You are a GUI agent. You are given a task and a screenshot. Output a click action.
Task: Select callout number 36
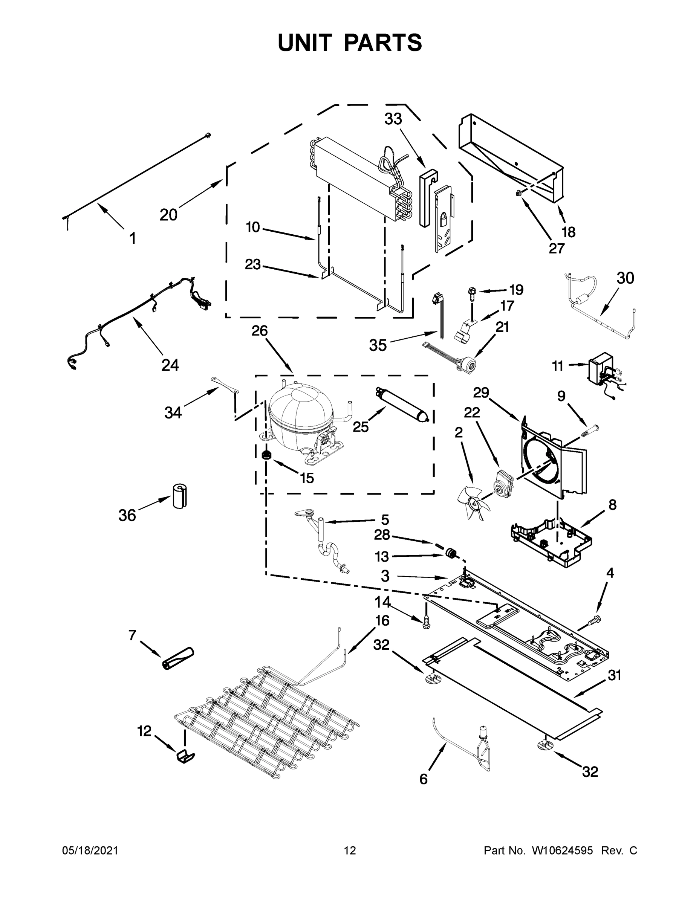127,515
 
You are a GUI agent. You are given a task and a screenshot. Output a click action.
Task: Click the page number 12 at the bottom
350,851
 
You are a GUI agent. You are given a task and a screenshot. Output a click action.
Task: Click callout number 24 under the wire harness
170,365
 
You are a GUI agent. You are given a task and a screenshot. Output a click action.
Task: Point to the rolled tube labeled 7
177,658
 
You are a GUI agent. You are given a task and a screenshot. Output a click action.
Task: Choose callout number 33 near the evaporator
393,119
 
